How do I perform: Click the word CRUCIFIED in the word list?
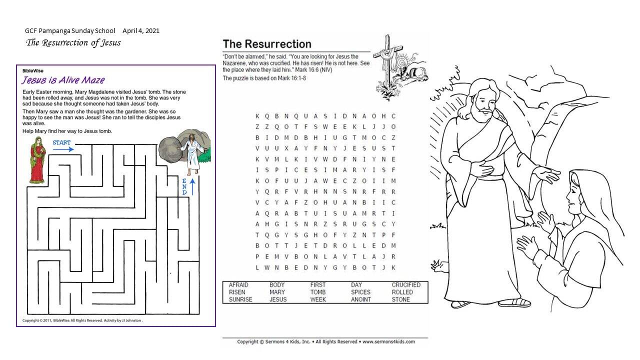pos(406,285)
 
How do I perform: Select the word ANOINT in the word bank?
pos(360,299)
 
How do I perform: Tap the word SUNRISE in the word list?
pos(240,299)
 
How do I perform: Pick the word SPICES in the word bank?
pos(360,292)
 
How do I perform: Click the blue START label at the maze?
pos(61,142)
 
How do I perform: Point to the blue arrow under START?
pos(63,149)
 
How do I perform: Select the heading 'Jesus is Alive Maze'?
pos(63,80)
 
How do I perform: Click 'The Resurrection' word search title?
pos(266,44)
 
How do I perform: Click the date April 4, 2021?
pos(141,31)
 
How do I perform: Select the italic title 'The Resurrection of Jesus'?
pos(73,42)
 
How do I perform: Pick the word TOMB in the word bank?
pos(318,292)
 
